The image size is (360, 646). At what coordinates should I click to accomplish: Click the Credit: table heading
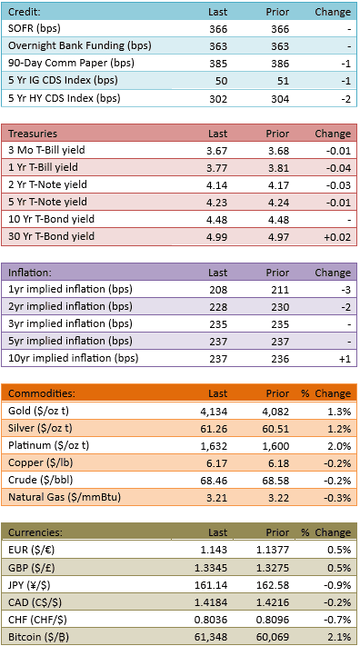tap(25, 12)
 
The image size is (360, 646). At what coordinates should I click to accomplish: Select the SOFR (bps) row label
tap(35, 29)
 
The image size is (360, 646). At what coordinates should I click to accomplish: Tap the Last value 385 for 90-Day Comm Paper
tap(218, 64)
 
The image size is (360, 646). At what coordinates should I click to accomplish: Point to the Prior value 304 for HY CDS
tap(280, 98)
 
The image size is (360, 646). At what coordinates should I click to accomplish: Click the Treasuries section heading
tap(33, 134)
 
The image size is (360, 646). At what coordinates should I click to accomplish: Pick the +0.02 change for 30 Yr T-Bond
tap(338, 237)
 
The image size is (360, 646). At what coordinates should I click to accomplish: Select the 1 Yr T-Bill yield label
tap(44, 168)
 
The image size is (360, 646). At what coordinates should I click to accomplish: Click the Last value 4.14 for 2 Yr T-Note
tap(217, 185)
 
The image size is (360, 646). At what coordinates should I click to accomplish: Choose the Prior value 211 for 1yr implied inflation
tap(280, 290)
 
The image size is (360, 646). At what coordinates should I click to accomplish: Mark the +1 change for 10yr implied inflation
tap(345, 359)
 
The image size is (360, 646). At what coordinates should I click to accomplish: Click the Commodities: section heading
tap(42, 393)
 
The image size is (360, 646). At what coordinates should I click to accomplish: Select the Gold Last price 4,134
tap(215, 411)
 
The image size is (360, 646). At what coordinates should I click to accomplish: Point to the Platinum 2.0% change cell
tap(341, 446)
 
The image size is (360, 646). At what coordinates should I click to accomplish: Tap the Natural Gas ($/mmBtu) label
tap(65, 498)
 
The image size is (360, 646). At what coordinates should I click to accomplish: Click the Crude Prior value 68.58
tap(277, 481)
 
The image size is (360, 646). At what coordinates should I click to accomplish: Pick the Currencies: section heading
tap(35, 532)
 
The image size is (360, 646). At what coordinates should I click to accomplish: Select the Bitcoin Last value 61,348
tap(214, 637)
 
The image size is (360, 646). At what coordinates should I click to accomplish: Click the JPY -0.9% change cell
tap(339, 585)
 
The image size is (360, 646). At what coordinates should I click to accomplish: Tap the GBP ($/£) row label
tap(31, 568)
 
